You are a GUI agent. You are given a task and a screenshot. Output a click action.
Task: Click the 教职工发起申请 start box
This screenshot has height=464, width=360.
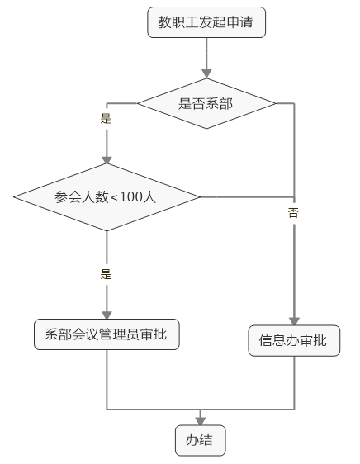tap(206, 22)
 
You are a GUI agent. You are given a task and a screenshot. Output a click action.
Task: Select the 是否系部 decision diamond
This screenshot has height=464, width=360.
tap(206, 103)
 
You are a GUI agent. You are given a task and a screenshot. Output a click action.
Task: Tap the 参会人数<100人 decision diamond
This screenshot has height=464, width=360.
tap(107, 196)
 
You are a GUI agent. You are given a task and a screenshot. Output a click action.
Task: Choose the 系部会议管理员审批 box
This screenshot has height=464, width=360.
tap(107, 334)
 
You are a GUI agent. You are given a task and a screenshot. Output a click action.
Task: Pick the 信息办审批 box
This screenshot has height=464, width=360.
tap(294, 341)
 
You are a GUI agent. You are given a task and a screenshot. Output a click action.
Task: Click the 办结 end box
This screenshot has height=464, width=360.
tap(201, 440)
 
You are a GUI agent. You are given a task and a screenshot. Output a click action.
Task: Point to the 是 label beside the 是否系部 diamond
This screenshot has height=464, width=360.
tap(106, 118)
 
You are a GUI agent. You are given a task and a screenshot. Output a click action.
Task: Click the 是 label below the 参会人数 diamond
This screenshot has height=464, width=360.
tap(106, 274)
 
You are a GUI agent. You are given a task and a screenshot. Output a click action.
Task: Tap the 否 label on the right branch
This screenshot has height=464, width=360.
tap(293, 213)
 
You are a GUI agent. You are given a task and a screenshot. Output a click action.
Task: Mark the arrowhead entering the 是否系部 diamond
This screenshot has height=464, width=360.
tap(206, 74)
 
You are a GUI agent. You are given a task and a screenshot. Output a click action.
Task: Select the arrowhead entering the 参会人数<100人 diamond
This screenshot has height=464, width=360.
tap(107, 159)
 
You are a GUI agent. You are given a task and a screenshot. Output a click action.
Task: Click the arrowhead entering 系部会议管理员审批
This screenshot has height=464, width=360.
tap(107, 315)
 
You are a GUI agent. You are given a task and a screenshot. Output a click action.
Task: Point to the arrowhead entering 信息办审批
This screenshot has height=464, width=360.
tap(294, 321)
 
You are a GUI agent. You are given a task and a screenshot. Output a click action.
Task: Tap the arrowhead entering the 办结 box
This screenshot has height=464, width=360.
tap(201, 421)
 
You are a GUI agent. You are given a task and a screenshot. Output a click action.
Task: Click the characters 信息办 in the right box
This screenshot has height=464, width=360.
tap(279, 340)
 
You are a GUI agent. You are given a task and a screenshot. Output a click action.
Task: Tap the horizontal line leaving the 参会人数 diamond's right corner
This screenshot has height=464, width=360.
tap(247, 196)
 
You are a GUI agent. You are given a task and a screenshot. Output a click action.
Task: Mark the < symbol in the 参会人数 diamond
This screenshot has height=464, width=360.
tap(114, 197)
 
